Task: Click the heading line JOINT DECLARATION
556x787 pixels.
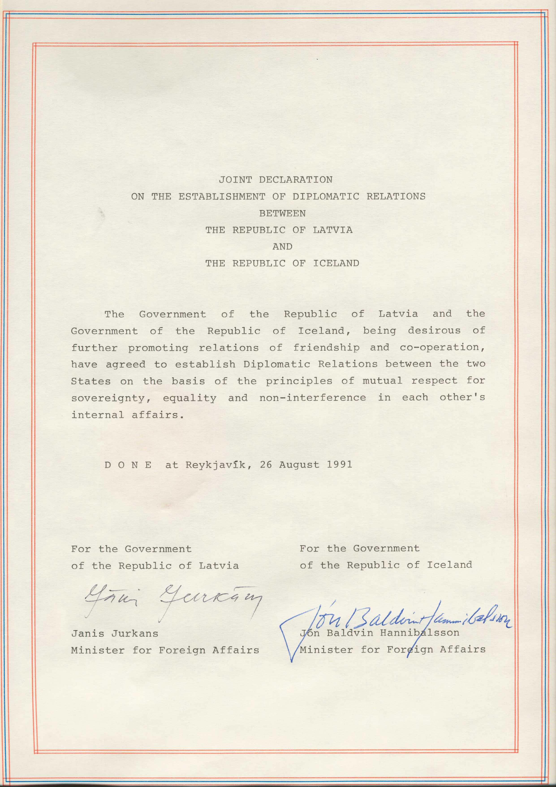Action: click(x=275, y=180)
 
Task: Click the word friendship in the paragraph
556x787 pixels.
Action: click(x=326, y=348)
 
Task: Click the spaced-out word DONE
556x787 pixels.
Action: click(x=128, y=465)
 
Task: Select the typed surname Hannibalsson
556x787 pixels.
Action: click(x=419, y=633)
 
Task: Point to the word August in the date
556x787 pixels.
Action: click(x=299, y=465)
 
